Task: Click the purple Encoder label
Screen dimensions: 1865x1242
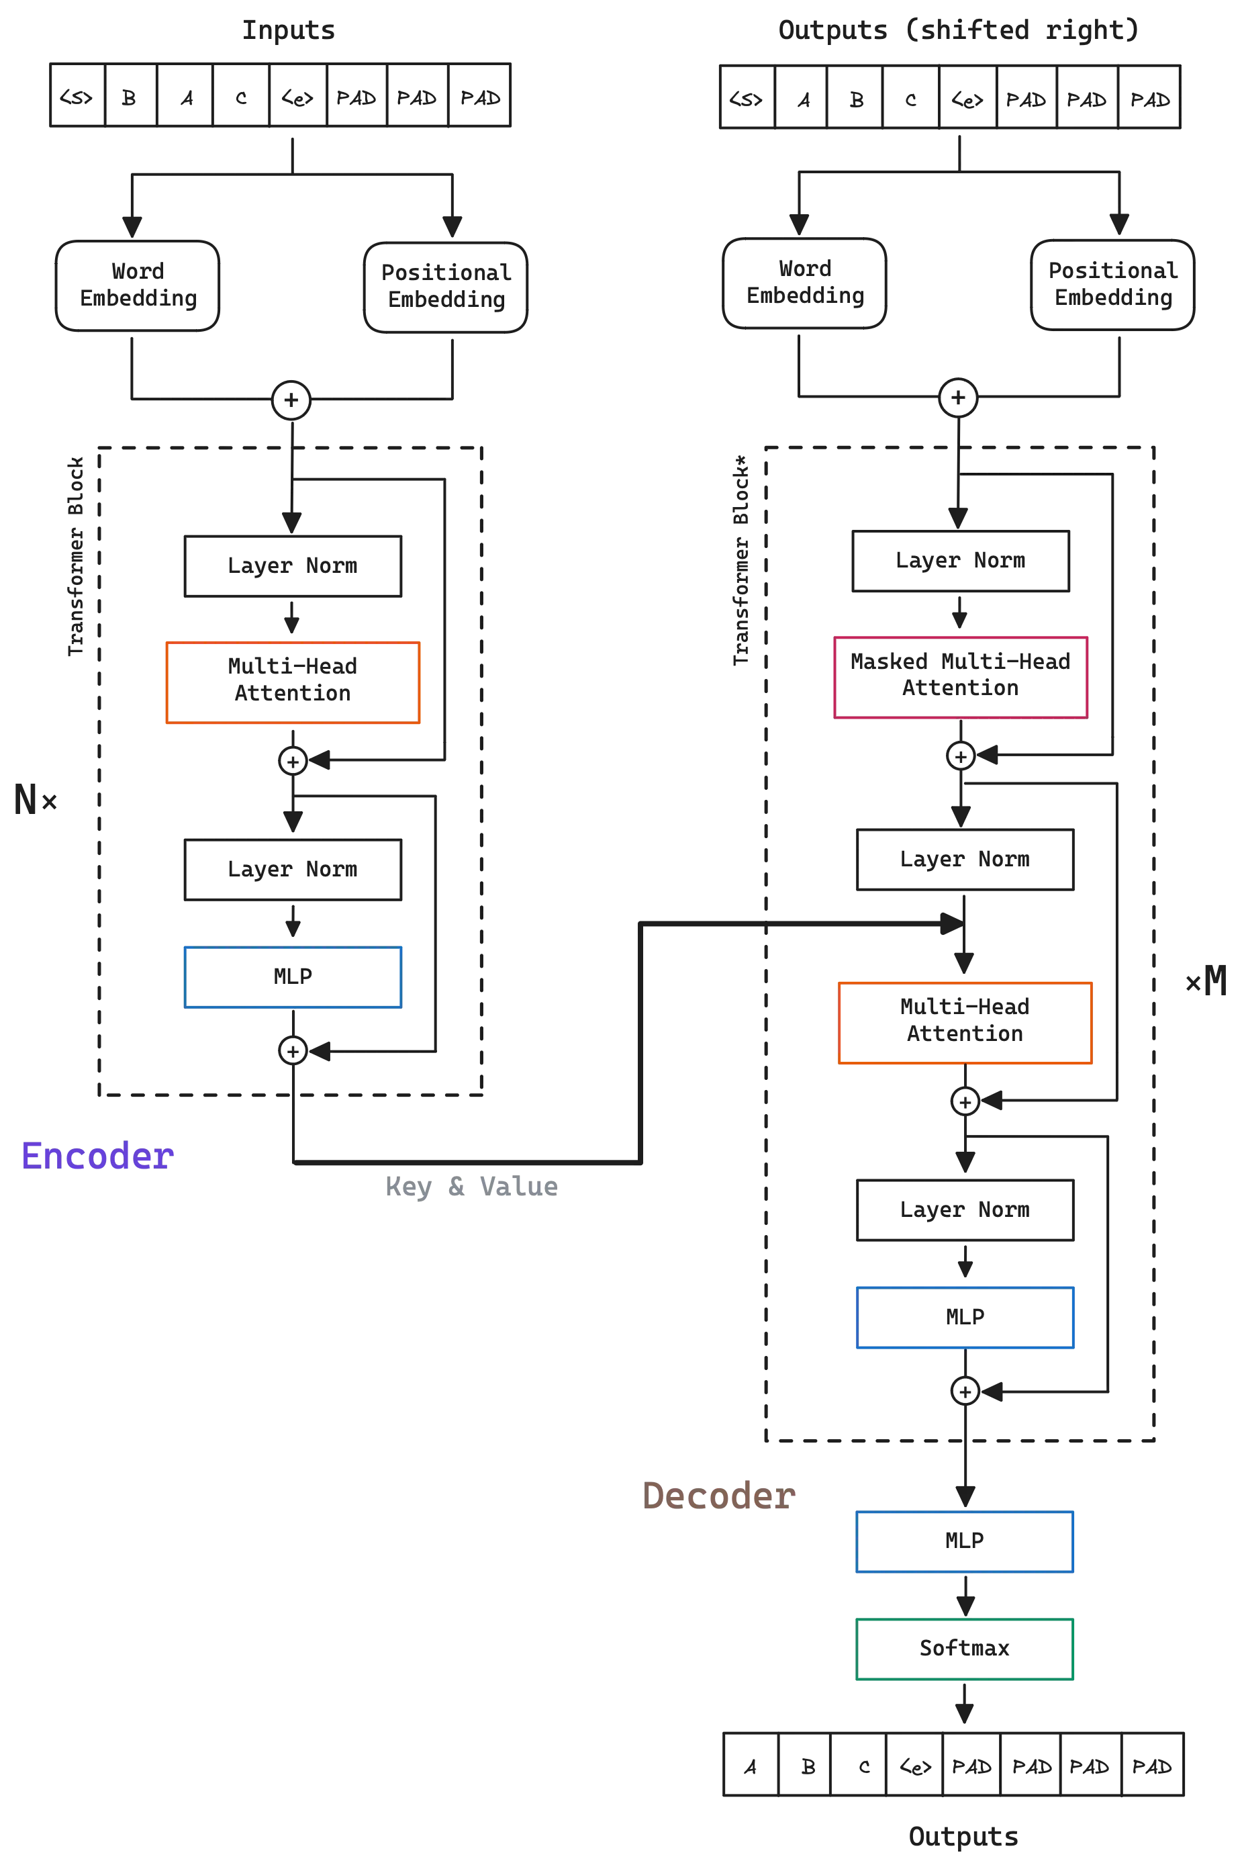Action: point(97,1156)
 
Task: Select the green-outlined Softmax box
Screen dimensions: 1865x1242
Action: point(965,1649)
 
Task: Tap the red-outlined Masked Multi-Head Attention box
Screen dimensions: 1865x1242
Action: point(960,676)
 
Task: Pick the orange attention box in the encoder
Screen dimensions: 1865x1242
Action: point(292,682)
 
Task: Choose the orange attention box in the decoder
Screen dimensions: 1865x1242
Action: point(965,1022)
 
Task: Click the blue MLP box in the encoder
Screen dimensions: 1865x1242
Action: point(292,977)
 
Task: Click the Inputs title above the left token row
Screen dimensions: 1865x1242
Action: point(289,30)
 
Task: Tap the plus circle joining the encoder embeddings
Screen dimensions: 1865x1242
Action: point(291,400)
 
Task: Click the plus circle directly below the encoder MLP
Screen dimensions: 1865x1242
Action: point(292,1050)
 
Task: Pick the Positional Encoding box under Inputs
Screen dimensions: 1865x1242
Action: point(445,287)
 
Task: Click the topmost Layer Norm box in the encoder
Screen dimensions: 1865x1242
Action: point(292,565)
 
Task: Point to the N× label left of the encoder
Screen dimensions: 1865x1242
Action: point(34,799)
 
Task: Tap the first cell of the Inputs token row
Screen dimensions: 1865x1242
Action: point(77,97)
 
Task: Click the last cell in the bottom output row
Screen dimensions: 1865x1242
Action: point(1153,1767)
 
